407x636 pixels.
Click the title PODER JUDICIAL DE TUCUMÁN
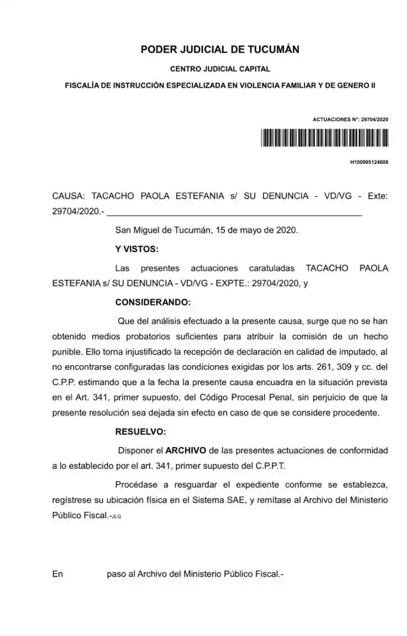[x=220, y=49]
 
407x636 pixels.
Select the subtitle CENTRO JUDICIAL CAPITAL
[x=220, y=70]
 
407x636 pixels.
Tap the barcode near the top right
[x=324, y=137]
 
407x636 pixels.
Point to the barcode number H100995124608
[x=369, y=162]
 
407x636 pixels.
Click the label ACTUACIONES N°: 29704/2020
[x=350, y=119]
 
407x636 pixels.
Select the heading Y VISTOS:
[x=137, y=249]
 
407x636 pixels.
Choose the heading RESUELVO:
[x=140, y=430]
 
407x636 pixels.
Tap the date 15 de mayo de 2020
[x=256, y=230]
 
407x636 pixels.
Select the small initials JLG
[x=117, y=517]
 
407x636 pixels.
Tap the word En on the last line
[x=58, y=575]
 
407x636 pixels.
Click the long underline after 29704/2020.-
[x=235, y=213]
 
